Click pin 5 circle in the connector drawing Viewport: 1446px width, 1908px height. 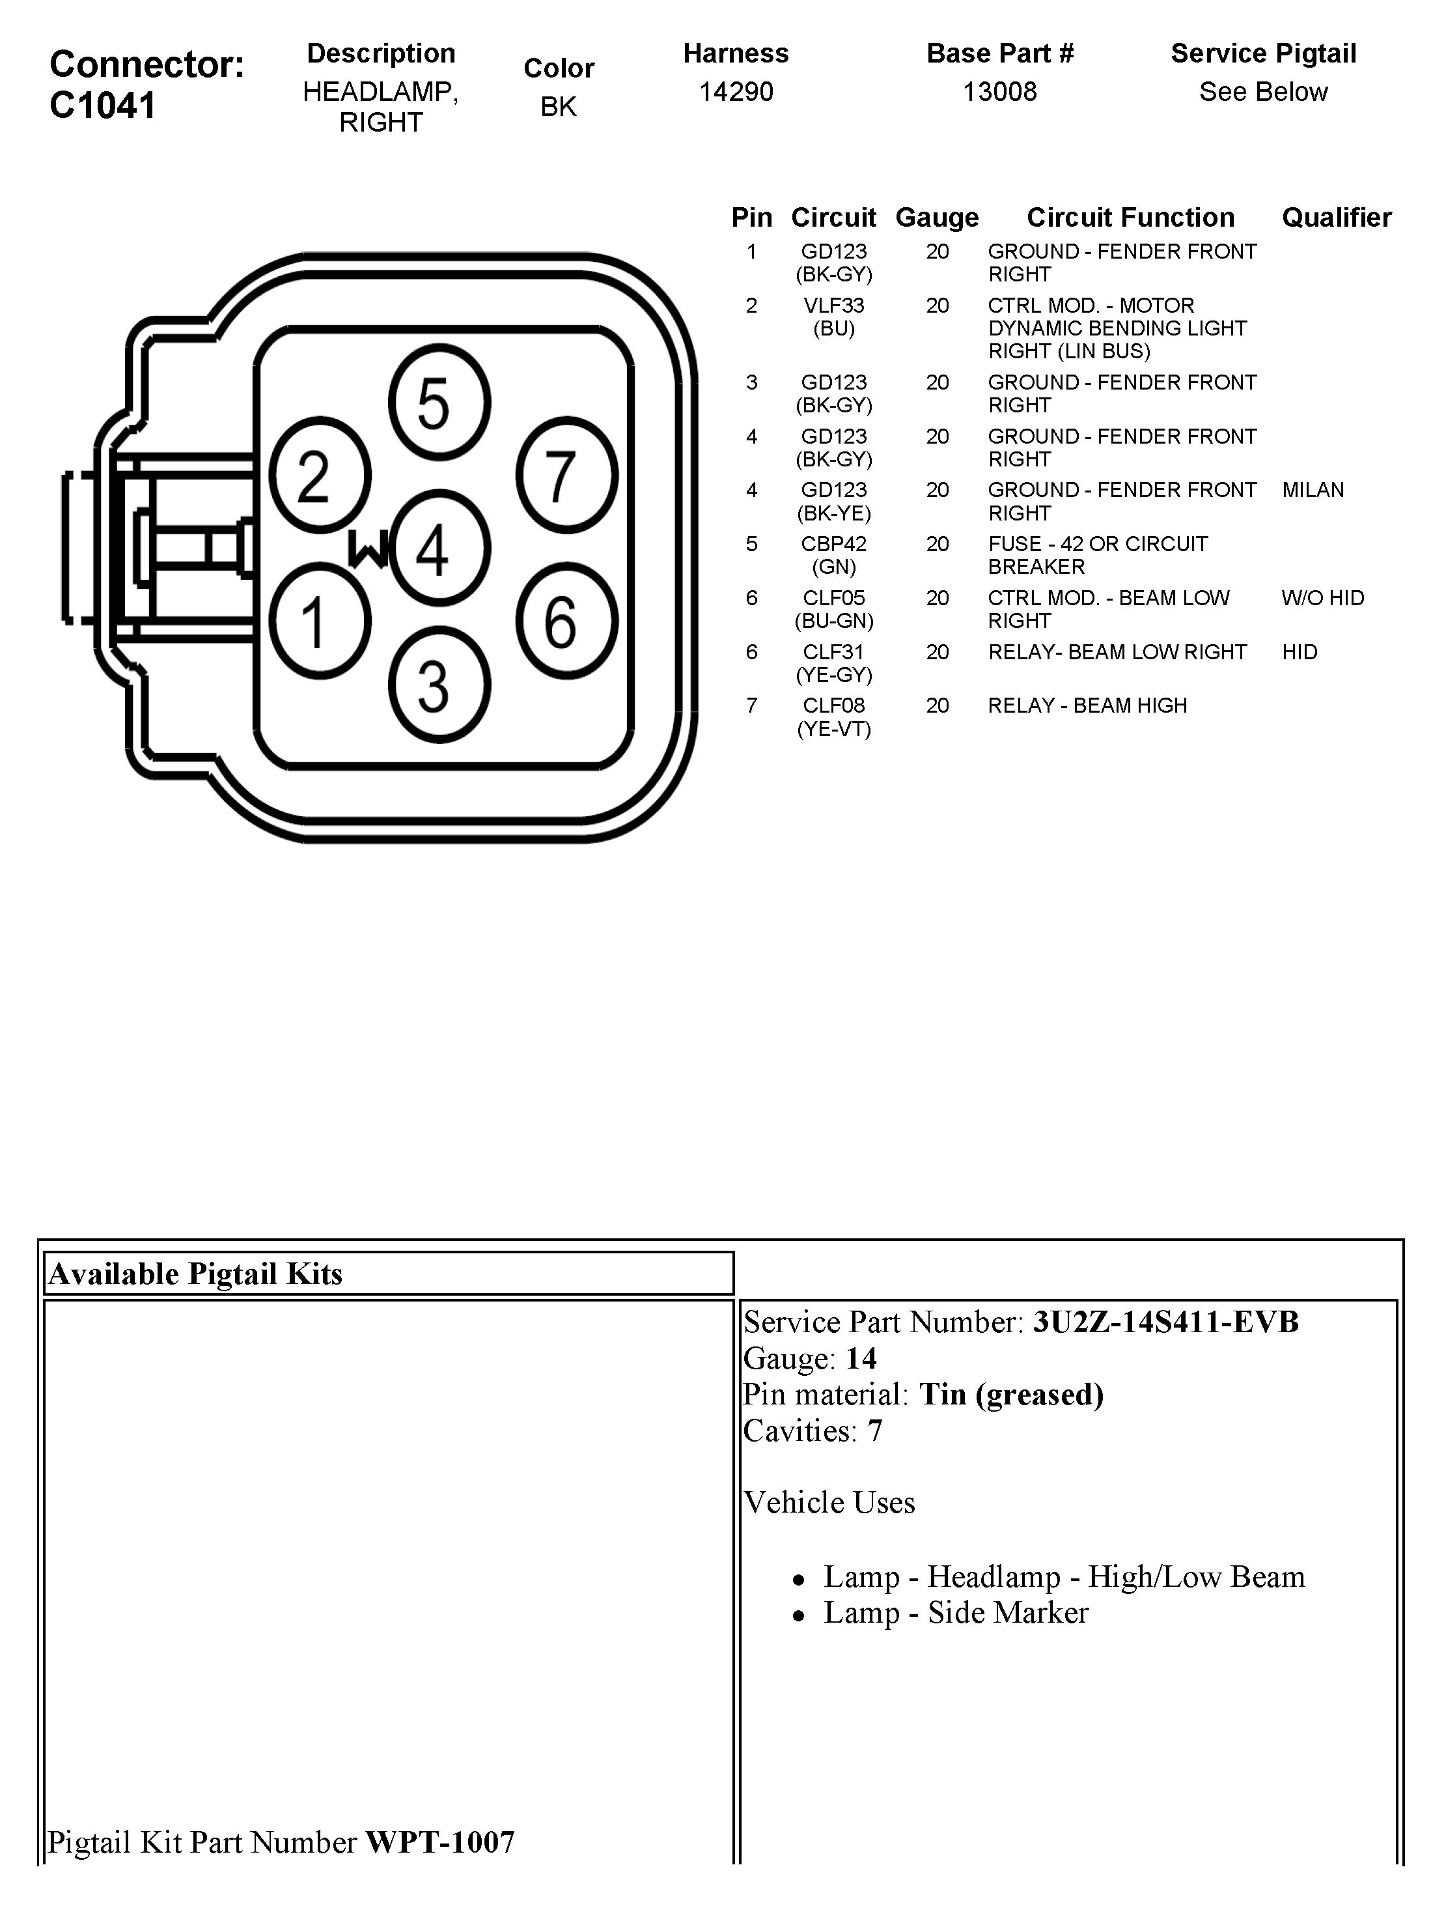click(x=439, y=402)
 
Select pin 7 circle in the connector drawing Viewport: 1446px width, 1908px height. click(x=566, y=476)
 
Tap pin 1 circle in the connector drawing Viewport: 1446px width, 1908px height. click(x=320, y=620)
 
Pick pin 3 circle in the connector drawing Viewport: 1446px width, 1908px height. click(x=439, y=685)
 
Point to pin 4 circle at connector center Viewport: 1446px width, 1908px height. click(x=439, y=548)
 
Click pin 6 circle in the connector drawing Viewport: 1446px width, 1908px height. click(x=566, y=620)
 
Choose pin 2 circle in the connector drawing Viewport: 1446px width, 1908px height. click(x=320, y=476)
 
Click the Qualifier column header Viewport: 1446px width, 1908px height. click(x=1335, y=218)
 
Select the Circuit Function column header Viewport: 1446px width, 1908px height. click(x=1130, y=218)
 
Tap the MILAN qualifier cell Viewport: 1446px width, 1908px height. click(x=1313, y=490)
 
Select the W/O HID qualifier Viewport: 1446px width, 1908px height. click(x=1322, y=598)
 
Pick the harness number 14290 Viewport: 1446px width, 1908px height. click(x=736, y=91)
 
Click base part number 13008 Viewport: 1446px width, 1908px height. click(x=999, y=91)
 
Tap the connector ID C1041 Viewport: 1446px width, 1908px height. click(x=103, y=106)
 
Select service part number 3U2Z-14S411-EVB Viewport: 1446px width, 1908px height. click(x=1165, y=1322)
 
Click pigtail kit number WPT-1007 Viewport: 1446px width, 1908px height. click(x=439, y=1842)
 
